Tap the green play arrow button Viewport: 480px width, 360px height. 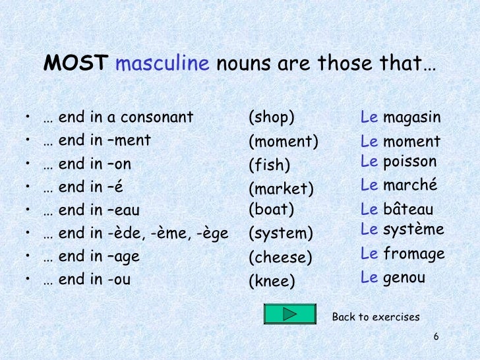tap(289, 314)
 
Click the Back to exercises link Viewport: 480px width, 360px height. tap(376, 317)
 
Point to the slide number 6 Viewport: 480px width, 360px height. tap(436, 338)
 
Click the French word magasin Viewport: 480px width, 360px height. tap(412, 117)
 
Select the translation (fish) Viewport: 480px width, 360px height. tap(269, 164)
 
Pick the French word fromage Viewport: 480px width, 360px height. tap(414, 254)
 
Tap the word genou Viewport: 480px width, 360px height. tap(404, 278)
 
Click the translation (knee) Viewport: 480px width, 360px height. tap(272, 282)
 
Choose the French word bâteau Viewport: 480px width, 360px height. tap(408, 210)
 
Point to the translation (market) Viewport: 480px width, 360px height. tap(280, 189)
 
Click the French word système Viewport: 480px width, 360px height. tap(413, 229)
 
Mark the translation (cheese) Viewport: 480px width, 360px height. tap(280, 257)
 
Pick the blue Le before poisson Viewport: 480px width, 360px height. tap(369, 162)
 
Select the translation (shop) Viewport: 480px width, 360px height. tap(270, 118)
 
